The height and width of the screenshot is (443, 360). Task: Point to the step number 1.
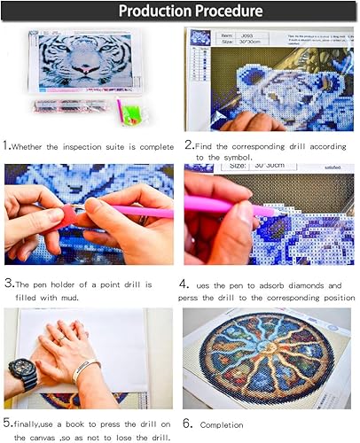point(8,144)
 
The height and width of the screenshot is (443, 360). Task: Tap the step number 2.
point(190,144)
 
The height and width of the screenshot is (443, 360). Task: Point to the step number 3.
point(9,284)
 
